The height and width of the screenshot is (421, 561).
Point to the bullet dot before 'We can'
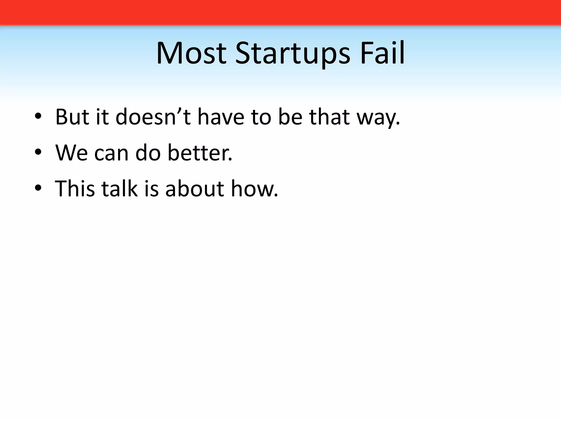(38, 153)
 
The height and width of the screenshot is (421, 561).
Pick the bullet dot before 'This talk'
(38, 189)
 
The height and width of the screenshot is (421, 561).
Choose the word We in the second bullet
(71, 153)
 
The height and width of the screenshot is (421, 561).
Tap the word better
(200, 153)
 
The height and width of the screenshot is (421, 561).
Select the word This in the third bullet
(75, 189)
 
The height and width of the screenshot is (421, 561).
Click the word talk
(119, 189)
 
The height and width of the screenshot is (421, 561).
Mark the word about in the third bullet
(195, 189)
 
